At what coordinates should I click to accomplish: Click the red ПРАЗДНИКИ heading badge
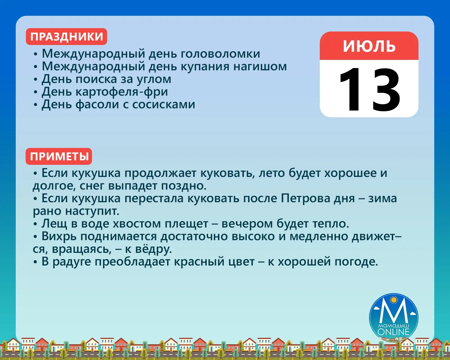click(x=66, y=37)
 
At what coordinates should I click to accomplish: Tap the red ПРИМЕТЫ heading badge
click(x=59, y=156)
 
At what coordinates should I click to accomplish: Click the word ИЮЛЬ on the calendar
click(x=369, y=46)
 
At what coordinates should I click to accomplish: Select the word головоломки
click(x=220, y=54)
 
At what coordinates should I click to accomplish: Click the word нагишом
click(x=260, y=67)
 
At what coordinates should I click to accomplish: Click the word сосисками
click(x=164, y=104)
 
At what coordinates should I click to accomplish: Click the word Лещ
click(x=54, y=224)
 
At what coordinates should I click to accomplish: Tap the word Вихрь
click(x=59, y=236)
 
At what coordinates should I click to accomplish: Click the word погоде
click(x=356, y=262)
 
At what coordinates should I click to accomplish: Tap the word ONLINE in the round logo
click(x=393, y=332)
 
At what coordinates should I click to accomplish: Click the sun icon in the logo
click(x=394, y=300)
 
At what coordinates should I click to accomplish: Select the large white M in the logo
click(x=393, y=310)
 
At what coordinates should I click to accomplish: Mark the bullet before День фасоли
click(x=35, y=105)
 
